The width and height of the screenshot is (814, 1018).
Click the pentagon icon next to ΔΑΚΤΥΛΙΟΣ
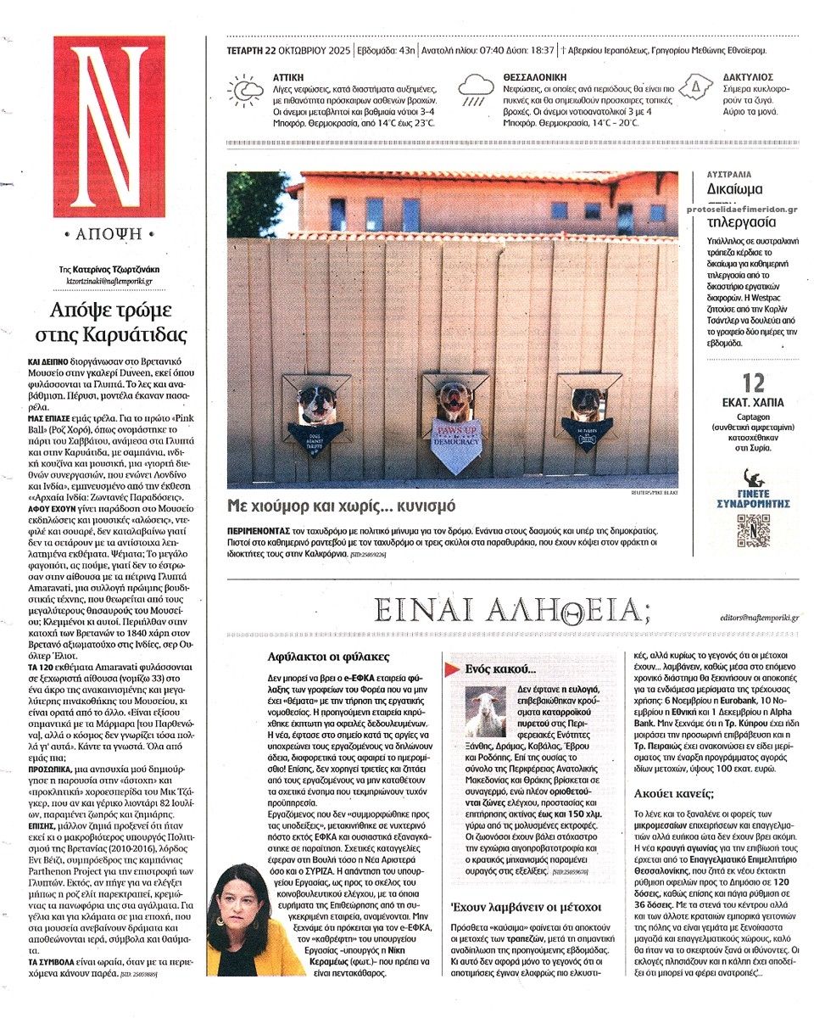pos(695,87)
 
